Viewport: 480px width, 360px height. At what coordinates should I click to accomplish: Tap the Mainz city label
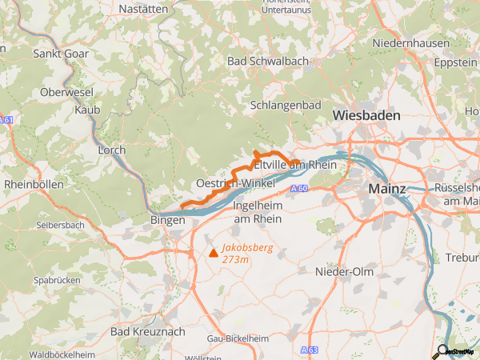point(387,189)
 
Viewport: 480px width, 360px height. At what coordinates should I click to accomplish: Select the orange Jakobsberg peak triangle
point(213,253)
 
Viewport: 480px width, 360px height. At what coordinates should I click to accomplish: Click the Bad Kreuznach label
point(147,331)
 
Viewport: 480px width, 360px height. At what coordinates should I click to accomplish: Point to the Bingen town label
point(168,219)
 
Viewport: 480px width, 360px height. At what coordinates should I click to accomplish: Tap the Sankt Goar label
point(61,54)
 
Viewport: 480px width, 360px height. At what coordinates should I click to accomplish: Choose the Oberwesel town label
point(67,92)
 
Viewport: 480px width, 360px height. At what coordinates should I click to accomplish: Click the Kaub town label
point(86,109)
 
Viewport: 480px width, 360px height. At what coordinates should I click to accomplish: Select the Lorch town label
point(111,150)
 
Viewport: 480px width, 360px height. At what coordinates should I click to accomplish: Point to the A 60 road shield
point(299,188)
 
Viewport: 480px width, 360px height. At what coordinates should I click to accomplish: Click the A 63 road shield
point(310,350)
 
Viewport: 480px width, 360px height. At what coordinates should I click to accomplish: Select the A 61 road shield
point(6,120)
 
